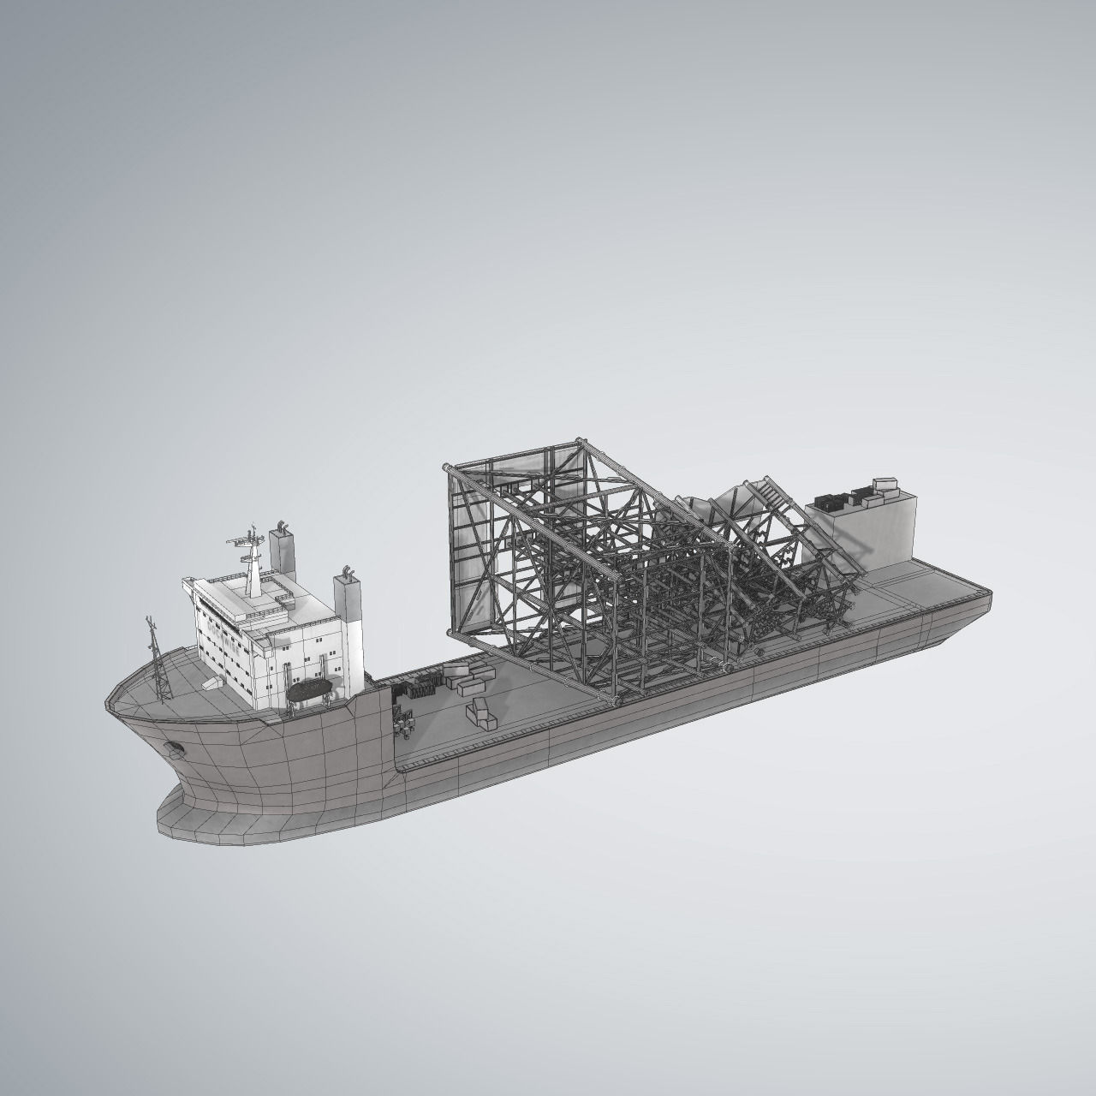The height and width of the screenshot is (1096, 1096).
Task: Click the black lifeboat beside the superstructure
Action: [x=310, y=690]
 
